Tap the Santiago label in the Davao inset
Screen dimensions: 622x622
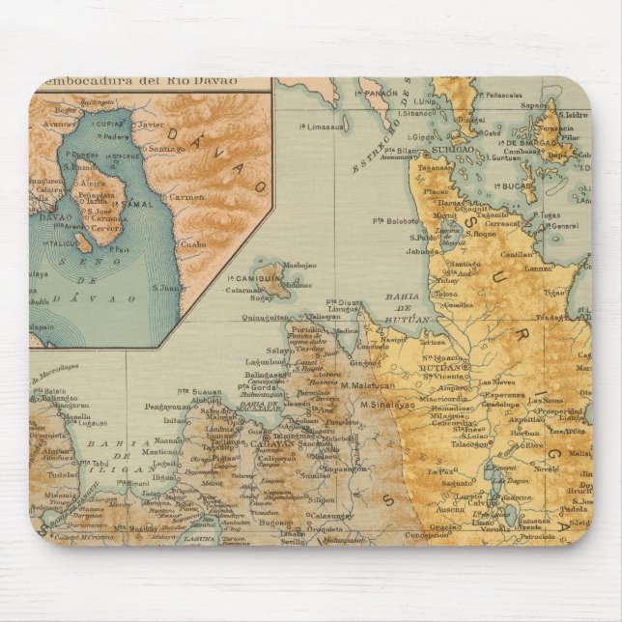click(167, 149)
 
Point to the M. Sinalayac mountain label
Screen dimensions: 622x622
click(386, 405)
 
